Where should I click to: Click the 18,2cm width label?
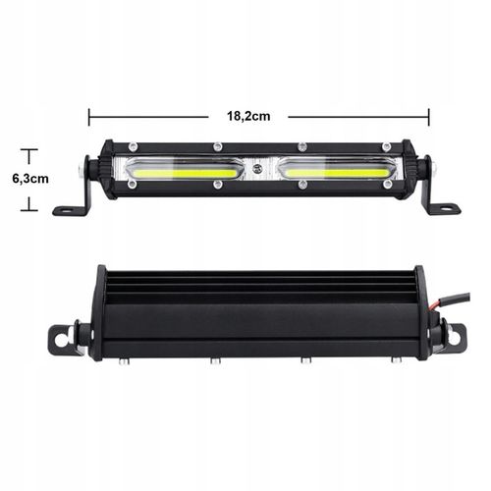(x=248, y=116)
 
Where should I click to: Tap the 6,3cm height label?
(x=29, y=179)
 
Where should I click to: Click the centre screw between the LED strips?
(x=257, y=170)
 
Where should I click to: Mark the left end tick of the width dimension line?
(x=89, y=116)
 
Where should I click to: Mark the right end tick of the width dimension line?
(x=429, y=116)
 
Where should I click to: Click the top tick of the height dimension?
(x=29, y=150)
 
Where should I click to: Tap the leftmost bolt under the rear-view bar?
(x=123, y=361)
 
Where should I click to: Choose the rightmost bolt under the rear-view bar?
(x=396, y=360)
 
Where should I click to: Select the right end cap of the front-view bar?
(x=418, y=173)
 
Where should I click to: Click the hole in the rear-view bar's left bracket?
(x=60, y=342)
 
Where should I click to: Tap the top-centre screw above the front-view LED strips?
(x=257, y=149)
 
